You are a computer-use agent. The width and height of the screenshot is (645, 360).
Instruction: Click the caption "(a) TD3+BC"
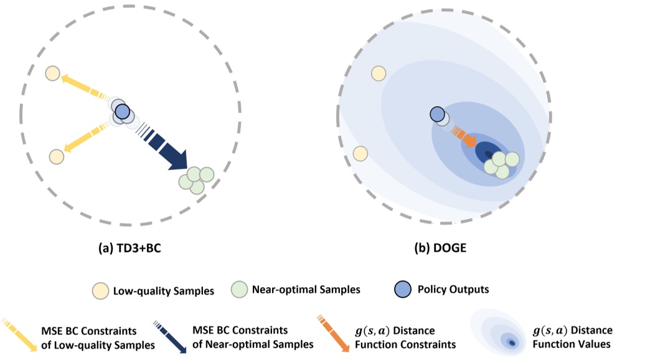point(131,248)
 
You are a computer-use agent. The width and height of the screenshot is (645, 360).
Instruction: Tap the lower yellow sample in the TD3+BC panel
point(56,156)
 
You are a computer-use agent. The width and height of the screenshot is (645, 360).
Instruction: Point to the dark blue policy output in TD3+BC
point(123,113)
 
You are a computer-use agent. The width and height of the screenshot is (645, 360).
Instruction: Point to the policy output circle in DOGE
point(437,115)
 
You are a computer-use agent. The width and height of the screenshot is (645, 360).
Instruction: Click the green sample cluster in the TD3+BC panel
point(195,179)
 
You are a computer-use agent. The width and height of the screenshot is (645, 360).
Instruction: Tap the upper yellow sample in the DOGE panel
point(377,73)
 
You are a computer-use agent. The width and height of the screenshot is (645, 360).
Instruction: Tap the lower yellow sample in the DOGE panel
point(360,153)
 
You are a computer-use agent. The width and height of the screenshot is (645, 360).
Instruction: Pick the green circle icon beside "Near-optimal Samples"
point(240,290)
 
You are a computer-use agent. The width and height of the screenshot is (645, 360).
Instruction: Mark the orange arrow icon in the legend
point(330,334)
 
